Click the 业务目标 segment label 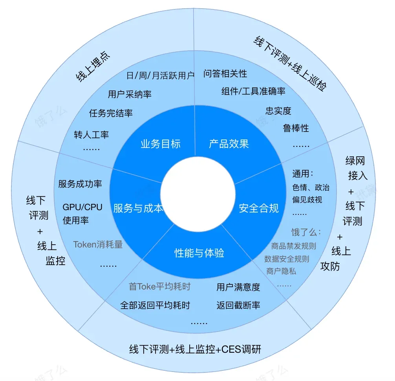click(160, 144)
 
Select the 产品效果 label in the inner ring click(229, 144)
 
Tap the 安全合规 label click(259, 208)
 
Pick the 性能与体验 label click(199, 253)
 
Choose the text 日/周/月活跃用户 click(160, 75)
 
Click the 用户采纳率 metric click(130, 94)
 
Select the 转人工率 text click(91, 135)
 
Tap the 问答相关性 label click(225, 73)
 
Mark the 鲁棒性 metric click(296, 128)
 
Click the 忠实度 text click(278, 111)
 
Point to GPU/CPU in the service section click(82, 207)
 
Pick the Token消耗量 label click(98, 245)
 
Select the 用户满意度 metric click(238, 287)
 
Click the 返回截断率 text click(238, 305)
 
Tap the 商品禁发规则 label click(293, 246)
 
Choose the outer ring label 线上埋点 click(93, 67)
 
